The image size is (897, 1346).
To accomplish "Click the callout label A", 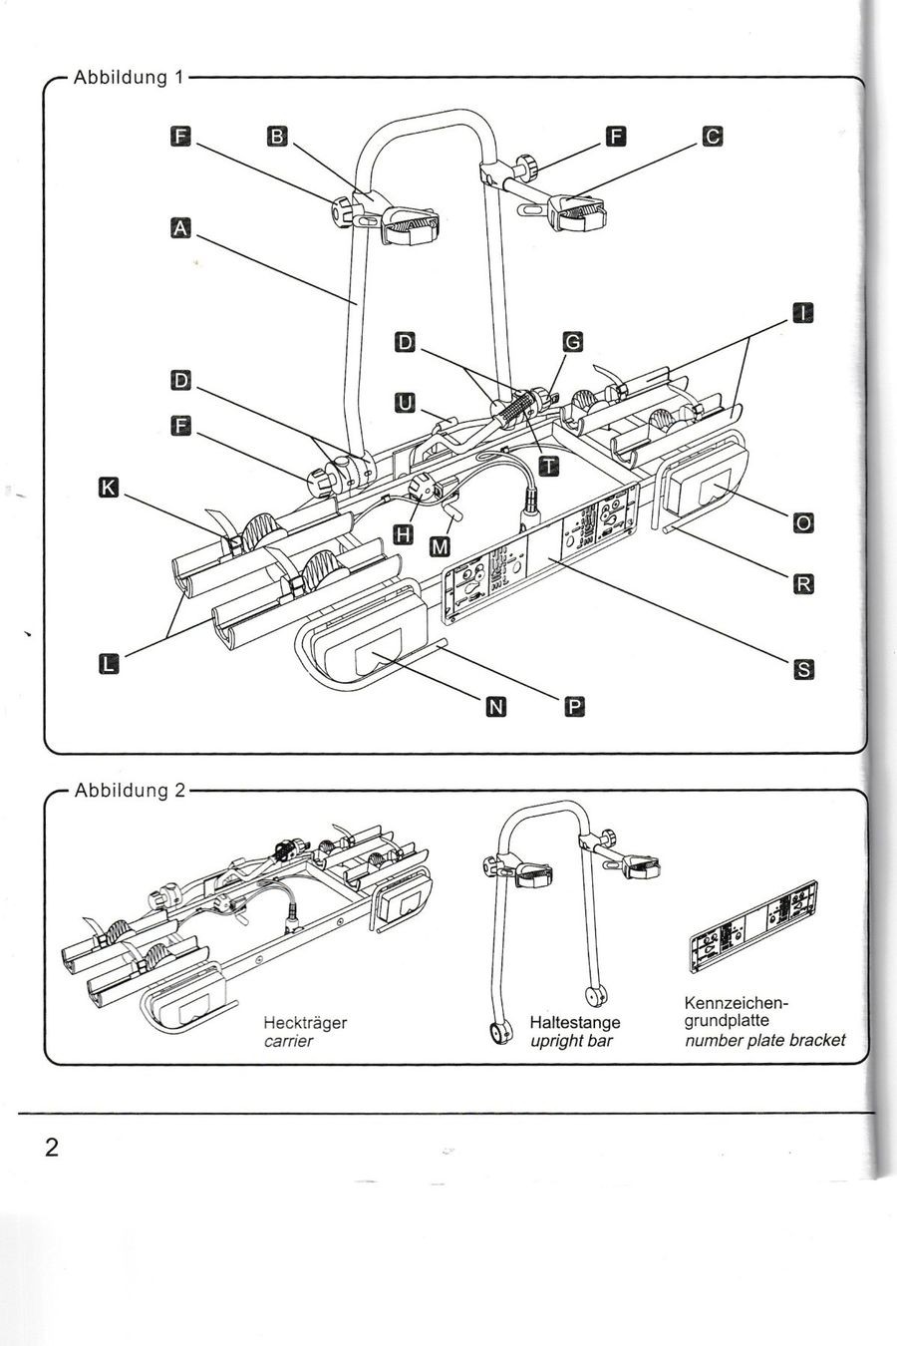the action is click(180, 229).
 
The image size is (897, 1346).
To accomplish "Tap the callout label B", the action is click(277, 137).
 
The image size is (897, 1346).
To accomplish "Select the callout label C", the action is click(713, 137).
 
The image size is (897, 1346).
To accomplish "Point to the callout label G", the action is click(572, 342).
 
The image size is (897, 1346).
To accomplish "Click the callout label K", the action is click(109, 488).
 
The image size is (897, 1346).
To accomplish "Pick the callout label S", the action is click(804, 669).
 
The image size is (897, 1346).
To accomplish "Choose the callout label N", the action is click(495, 707).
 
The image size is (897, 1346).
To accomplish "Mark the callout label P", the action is click(574, 707).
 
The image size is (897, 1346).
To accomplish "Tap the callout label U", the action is click(405, 403).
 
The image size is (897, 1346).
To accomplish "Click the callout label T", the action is click(548, 466).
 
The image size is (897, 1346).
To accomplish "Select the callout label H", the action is click(404, 533).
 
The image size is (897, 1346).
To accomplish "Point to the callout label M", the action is click(441, 546).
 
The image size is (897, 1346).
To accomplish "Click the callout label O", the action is click(803, 522).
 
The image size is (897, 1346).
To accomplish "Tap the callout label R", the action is click(803, 583).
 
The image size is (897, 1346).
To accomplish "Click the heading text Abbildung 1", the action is click(128, 78).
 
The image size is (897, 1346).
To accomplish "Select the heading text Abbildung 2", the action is click(130, 791).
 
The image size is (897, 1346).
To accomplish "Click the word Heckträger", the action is click(305, 1023).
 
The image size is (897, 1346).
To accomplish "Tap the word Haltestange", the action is click(575, 1022).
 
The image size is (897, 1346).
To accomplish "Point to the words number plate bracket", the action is click(764, 1040).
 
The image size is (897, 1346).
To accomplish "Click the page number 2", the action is click(52, 1148).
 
